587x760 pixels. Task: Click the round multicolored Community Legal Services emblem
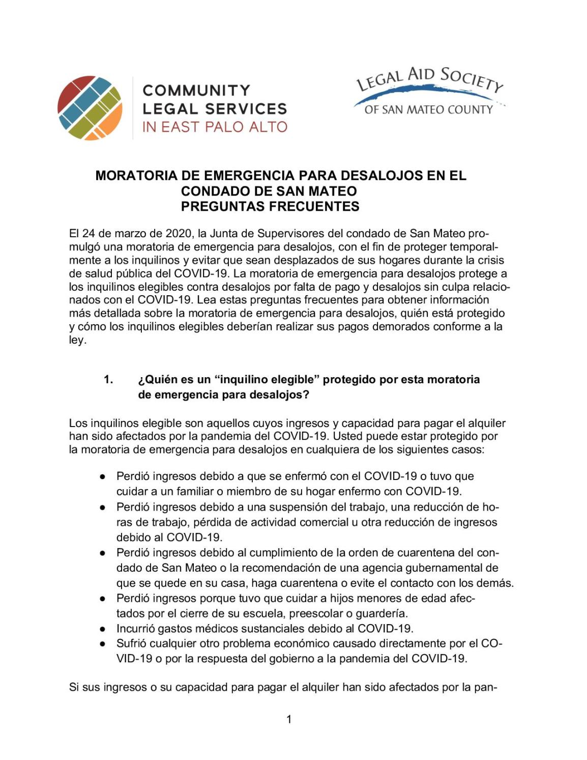(90, 108)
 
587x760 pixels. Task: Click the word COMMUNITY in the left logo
(196, 91)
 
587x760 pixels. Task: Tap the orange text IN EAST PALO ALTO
(215, 127)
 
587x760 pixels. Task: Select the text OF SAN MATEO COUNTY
(428, 109)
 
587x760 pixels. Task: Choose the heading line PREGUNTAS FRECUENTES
(270, 206)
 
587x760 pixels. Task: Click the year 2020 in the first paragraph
(179, 234)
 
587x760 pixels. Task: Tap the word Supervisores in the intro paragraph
(287, 234)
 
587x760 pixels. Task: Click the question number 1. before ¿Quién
(108, 379)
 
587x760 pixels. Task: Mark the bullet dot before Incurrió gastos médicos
(103, 629)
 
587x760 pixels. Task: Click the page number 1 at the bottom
(289, 719)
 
